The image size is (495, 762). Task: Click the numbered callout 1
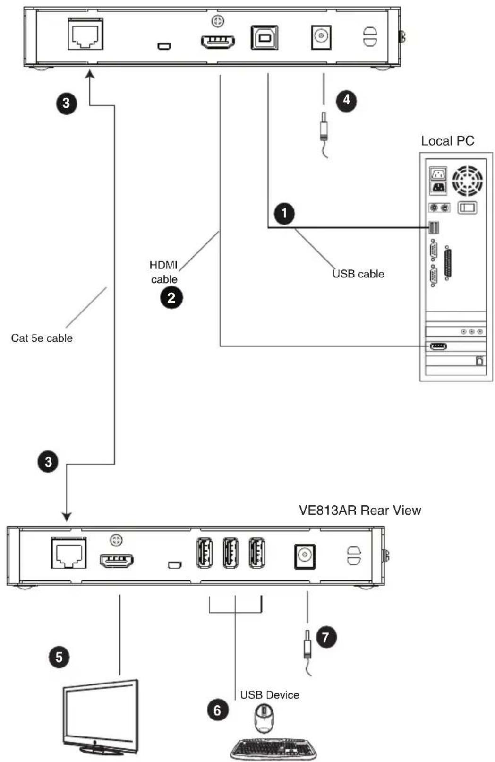point(284,214)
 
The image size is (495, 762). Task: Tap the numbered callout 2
point(171,298)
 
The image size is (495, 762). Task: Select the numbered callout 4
point(346,100)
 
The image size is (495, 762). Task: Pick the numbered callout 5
point(59,657)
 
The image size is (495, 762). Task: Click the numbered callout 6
point(217,710)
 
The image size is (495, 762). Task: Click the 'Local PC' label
point(447,141)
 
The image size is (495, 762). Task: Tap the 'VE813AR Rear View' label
point(360,510)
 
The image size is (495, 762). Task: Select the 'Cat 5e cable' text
point(42,338)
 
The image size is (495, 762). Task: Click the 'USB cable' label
point(358,274)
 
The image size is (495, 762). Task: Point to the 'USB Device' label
point(270,695)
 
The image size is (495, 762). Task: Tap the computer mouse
point(264,719)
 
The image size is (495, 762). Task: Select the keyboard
point(273,748)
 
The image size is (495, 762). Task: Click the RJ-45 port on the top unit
point(85,35)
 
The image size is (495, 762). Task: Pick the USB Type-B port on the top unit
point(265,37)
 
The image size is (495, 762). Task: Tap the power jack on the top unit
point(321,37)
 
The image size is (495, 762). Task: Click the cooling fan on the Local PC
point(467,181)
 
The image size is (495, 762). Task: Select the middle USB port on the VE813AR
point(230,553)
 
